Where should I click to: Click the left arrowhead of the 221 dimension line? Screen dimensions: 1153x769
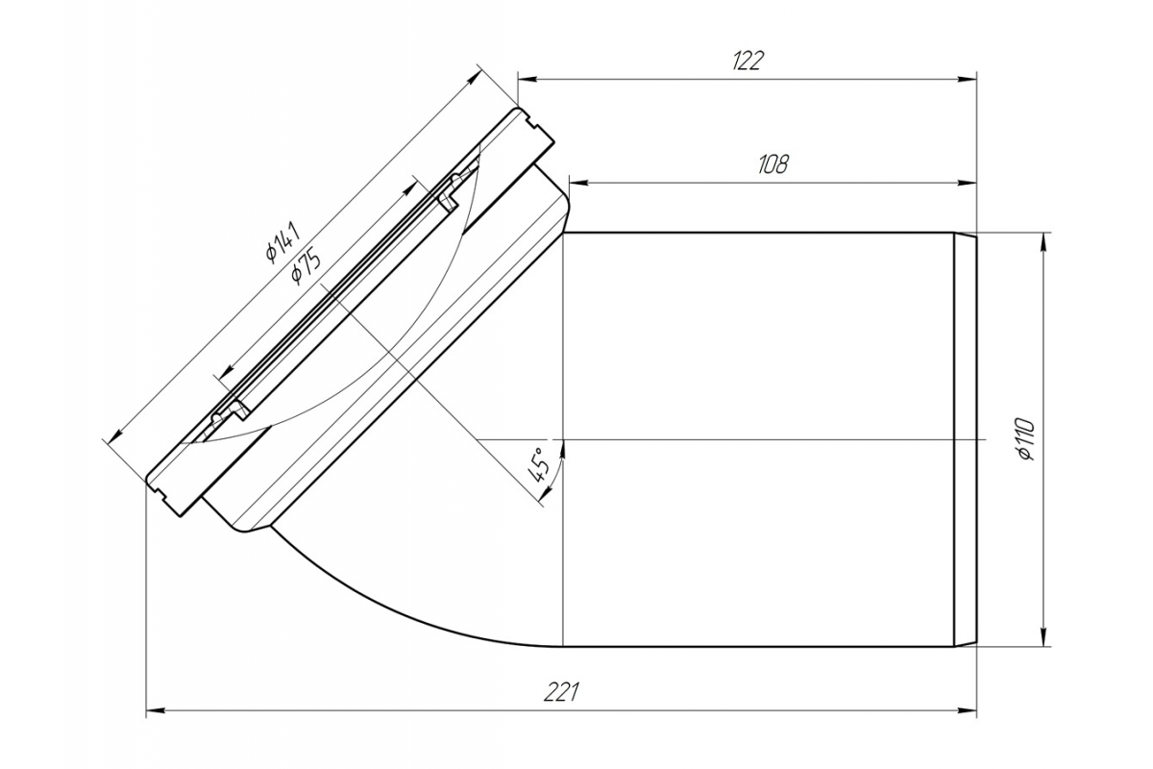[x=156, y=711]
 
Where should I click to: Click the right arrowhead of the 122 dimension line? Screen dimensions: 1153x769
[x=968, y=80]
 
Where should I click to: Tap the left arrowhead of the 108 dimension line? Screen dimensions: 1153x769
[x=578, y=183]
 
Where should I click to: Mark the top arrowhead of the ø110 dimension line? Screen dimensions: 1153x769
[x=1043, y=242]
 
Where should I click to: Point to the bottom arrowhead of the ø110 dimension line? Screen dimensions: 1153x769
[x=1043, y=636]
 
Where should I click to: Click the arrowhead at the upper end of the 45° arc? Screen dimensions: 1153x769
[x=563, y=449]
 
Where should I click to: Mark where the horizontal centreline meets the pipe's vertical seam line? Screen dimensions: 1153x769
[x=563, y=439]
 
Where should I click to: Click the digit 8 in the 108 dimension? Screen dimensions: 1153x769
[x=781, y=164]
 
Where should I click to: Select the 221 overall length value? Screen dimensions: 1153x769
[x=561, y=692]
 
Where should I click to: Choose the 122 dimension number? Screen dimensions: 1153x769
[x=748, y=61]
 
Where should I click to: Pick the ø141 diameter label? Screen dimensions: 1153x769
[x=282, y=241]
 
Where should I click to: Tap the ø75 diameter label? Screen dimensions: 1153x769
[x=306, y=266]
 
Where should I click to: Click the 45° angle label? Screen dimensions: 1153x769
[x=539, y=464]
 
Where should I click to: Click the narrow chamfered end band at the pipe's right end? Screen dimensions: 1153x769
[x=965, y=440]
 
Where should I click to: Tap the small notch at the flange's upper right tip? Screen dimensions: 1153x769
[x=532, y=123]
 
